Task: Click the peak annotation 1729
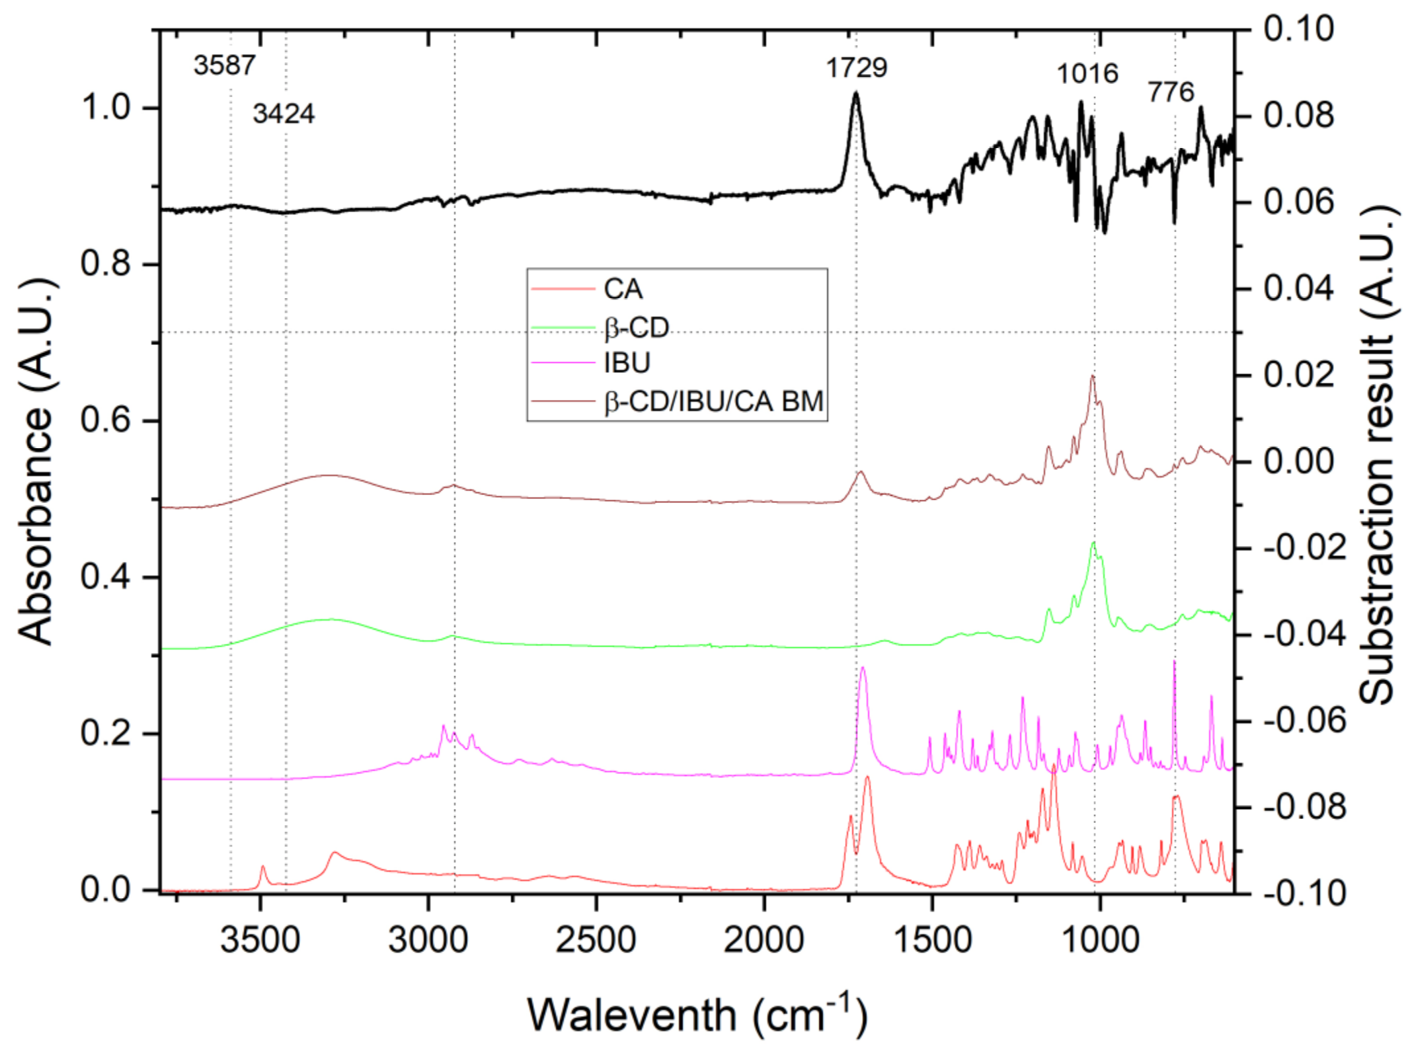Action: click(856, 68)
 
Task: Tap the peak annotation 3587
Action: click(224, 65)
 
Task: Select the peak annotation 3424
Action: click(284, 114)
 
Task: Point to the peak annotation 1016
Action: click(1087, 73)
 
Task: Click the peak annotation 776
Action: click(1171, 92)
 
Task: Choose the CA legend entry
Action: click(623, 290)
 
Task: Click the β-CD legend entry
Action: click(636, 328)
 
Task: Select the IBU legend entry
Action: click(627, 363)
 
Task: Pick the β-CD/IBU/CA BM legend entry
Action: click(713, 401)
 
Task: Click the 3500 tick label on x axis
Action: click(260, 939)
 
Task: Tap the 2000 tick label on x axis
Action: click(764, 939)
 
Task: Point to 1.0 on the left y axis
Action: click(106, 108)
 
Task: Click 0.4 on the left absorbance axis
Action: click(106, 577)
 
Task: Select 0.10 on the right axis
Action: click(1298, 30)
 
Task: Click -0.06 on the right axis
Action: click(1304, 721)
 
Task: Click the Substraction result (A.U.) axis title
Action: click(1378, 456)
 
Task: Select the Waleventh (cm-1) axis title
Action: click(697, 1015)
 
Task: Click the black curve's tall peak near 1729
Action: click(856, 93)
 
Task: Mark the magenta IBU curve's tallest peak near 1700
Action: click(862, 668)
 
